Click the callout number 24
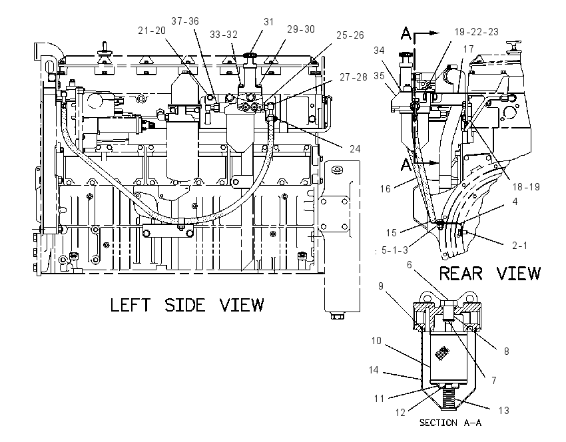pyautogui.click(x=355, y=148)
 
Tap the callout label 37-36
pyautogui.click(x=185, y=21)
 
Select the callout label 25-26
pyautogui.click(x=350, y=35)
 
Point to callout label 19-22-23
pyautogui.click(x=477, y=32)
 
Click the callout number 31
pyautogui.click(x=268, y=22)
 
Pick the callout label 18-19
pyautogui.click(x=526, y=186)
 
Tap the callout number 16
pyautogui.click(x=385, y=188)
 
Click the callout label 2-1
pyautogui.click(x=520, y=246)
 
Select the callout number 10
pyautogui.click(x=376, y=341)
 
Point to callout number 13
pyautogui.click(x=504, y=410)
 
